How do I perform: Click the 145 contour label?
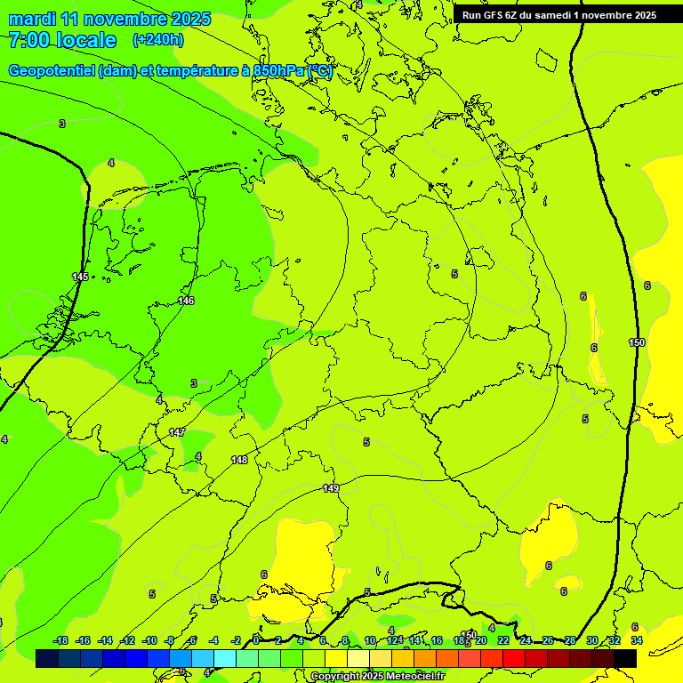80,277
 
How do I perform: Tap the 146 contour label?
186,301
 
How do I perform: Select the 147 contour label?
177,432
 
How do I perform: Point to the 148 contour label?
239,460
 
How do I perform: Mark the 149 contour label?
331,488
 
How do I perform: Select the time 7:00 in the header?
28,40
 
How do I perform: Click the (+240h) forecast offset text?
158,40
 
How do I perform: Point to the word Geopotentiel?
52,71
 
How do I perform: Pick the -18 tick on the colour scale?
60,640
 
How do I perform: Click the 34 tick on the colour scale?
637,640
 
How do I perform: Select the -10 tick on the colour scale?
149,640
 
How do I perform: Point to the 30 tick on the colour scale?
592,640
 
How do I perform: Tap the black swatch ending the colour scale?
625,658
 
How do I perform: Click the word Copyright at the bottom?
336,677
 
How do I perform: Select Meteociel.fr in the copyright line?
414,677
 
